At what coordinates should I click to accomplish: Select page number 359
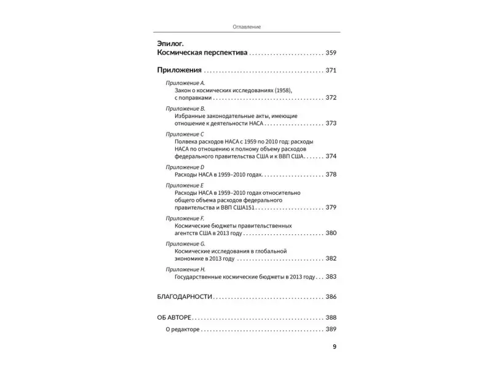pos(331,54)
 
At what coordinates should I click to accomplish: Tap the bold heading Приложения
pos(180,71)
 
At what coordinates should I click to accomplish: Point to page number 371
pos(331,71)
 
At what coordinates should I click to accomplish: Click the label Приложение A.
pos(185,82)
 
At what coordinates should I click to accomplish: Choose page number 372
pos(331,98)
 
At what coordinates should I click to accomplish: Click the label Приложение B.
pos(185,108)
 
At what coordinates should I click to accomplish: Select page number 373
pos(331,123)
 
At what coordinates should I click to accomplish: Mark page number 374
pos(331,156)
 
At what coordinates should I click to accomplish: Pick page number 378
pos(331,175)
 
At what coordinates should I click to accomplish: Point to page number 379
pos(331,207)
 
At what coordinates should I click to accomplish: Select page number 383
pos(331,277)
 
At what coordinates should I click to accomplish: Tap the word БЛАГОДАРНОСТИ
pos(184,297)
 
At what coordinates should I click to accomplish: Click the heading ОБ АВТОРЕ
pos(175,318)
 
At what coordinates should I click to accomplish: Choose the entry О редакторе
pos(183,330)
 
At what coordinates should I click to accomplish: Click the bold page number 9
pos(335,346)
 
